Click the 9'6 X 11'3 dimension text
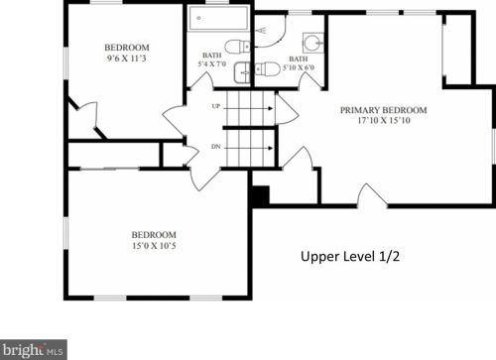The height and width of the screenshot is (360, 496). coord(126,59)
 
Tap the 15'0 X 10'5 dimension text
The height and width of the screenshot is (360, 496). coord(154,246)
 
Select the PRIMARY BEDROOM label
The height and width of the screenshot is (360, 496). coord(384,110)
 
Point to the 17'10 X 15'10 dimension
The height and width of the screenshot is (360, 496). coord(384,120)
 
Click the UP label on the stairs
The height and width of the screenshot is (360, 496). coord(215,106)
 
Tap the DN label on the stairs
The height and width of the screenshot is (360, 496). coord(216,147)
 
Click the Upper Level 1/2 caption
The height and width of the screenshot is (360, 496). coord(350,257)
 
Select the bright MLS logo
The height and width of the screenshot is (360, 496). coord(34,350)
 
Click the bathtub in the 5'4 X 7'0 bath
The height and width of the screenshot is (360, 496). coord(218,18)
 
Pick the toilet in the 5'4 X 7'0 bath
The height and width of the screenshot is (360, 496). coord(237,47)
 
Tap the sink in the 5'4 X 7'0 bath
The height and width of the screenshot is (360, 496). coord(242,72)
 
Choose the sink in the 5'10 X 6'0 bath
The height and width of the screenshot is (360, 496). coord(313,43)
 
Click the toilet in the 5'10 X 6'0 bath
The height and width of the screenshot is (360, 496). coord(266,68)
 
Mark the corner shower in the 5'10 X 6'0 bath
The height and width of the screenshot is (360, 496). coord(270,31)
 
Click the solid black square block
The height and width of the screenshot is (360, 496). coord(261,195)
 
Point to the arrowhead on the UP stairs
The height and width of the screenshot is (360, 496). coord(271,108)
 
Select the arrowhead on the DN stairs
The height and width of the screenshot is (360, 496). coord(271,148)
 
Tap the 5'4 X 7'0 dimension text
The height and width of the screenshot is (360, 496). coord(212,63)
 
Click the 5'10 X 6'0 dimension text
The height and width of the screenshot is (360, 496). coord(299,67)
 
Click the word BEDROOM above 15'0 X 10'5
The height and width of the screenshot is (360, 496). coord(154,235)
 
